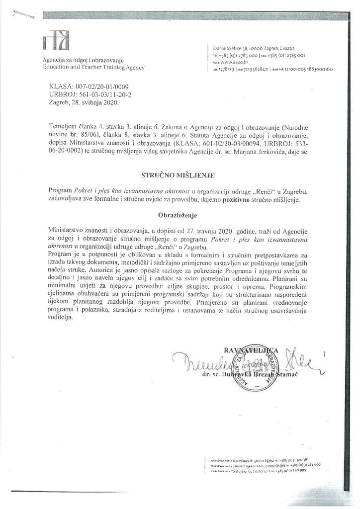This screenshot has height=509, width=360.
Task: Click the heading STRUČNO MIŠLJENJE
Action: pyautogui.click(x=180, y=175)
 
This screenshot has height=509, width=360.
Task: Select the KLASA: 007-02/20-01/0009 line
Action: pyautogui.click(x=81, y=86)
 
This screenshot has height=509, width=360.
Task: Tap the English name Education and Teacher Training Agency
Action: pyautogui.click(x=93, y=67)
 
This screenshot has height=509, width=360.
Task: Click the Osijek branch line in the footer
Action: pyautogui.click(x=263, y=463)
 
